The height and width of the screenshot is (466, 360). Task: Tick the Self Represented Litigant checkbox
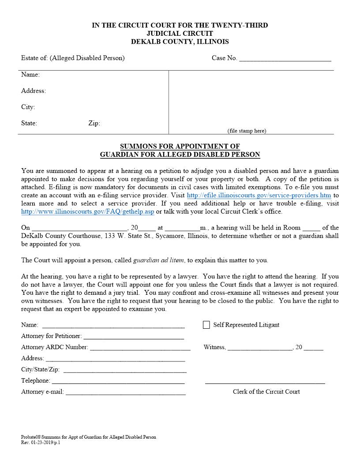(x=206, y=325)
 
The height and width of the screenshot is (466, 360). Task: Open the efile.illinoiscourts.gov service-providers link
(x=259, y=195)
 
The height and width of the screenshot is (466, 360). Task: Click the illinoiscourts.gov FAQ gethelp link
(x=88, y=211)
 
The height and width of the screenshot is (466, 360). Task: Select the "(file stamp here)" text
(x=247, y=131)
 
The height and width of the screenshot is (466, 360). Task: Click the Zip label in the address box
(x=94, y=124)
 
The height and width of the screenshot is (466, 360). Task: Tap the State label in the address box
(x=29, y=124)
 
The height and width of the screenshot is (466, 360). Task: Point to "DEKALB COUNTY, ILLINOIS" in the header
(x=180, y=42)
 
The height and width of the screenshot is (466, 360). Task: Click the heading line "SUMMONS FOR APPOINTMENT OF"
(x=180, y=147)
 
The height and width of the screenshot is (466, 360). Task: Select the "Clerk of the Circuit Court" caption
(x=266, y=391)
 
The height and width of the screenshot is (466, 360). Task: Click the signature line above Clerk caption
(x=265, y=382)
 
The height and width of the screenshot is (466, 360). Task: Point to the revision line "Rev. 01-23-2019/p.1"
(x=41, y=442)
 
